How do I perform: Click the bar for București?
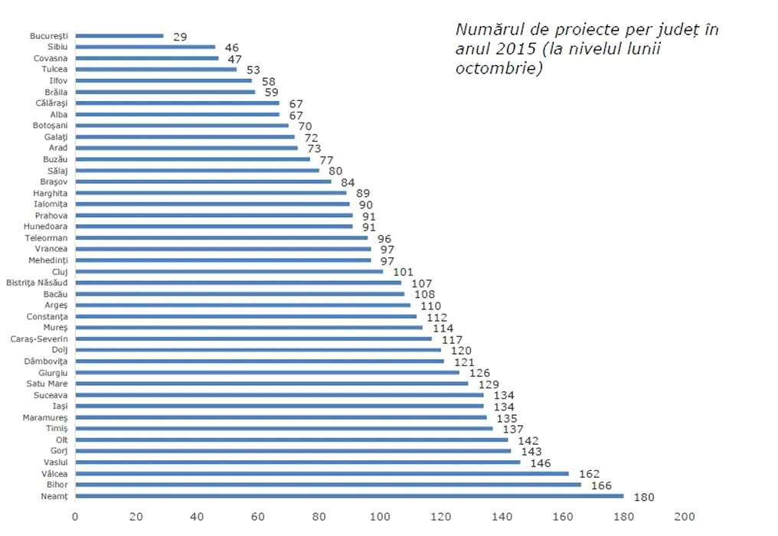click(x=119, y=36)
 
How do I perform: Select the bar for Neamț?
click(x=349, y=495)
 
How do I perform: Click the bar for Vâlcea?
click(x=322, y=474)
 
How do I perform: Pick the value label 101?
click(x=403, y=272)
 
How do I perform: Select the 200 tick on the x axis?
click(x=684, y=516)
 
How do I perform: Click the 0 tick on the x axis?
click(x=75, y=516)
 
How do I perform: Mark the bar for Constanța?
click(x=246, y=316)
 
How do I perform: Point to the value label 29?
click(x=180, y=37)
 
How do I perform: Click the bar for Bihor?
click(x=328, y=485)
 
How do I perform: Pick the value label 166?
click(x=601, y=485)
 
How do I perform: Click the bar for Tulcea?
click(x=156, y=69)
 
